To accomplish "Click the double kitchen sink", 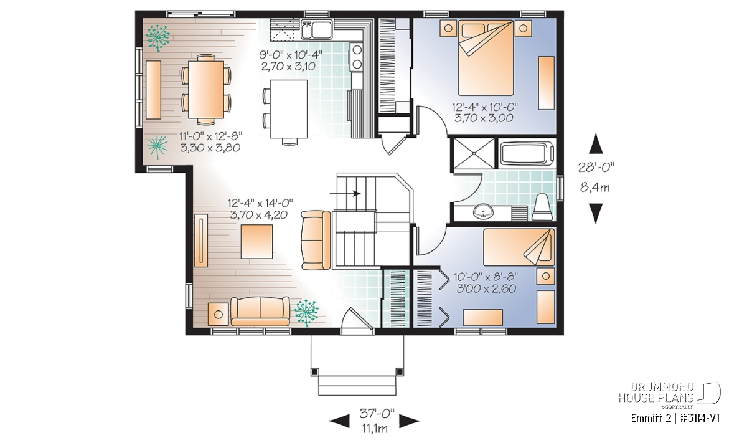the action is [x=316, y=29].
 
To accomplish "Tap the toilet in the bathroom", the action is [x=542, y=207].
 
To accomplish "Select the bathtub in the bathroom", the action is [x=527, y=155].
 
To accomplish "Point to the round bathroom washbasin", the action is [x=483, y=212].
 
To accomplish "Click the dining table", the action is [x=206, y=90].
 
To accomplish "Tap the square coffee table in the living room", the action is [x=256, y=241].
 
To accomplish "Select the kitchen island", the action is [x=288, y=109].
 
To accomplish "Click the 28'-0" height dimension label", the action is [x=596, y=167].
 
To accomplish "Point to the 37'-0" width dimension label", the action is [x=377, y=414].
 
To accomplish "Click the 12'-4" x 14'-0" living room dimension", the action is [x=260, y=203].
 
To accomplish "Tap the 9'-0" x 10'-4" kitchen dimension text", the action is [x=291, y=55].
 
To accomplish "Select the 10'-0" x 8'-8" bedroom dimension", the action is [x=486, y=277].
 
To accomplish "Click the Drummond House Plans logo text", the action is [x=656, y=393].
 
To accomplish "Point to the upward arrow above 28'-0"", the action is [x=596, y=143].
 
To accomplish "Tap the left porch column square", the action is [x=314, y=371].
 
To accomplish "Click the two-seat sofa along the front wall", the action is [x=260, y=311].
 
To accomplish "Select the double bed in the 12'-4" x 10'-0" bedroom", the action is [x=486, y=57].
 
